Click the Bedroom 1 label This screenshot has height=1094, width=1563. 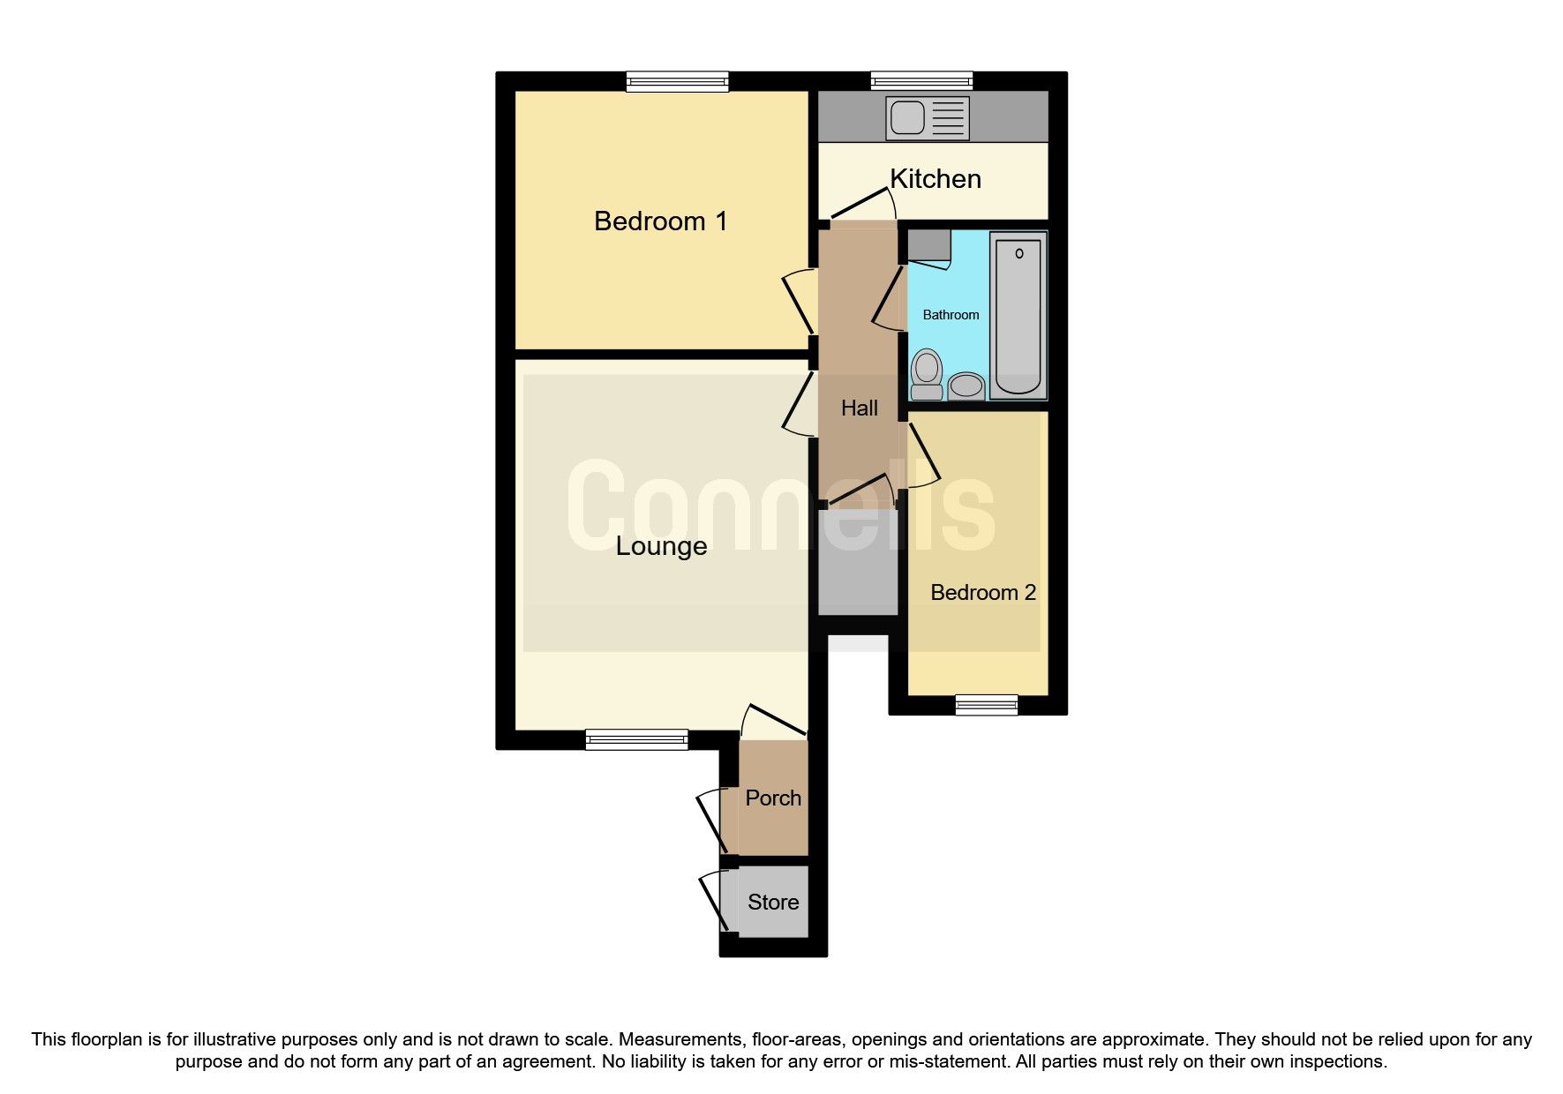pos(660,221)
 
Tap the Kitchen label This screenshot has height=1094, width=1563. pos(935,179)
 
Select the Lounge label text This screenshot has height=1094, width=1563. pos(661,546)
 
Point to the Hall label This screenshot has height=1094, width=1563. pos(859,408)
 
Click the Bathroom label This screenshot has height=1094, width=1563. pos(951,315)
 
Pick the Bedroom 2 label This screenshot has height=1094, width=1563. pos(982,592)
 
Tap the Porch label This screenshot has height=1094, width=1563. pos(773,798)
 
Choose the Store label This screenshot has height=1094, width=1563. pos(773,902)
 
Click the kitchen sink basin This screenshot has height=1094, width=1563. pos(907,117)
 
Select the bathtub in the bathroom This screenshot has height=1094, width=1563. pos(1018,315)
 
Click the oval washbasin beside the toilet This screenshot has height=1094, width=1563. pos(966,386)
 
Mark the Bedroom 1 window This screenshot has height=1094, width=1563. pos(678,82)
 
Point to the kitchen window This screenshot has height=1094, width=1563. pos(921,82)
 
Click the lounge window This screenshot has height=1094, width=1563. pos(636,739)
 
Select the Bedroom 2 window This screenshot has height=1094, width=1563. pos(986,704)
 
